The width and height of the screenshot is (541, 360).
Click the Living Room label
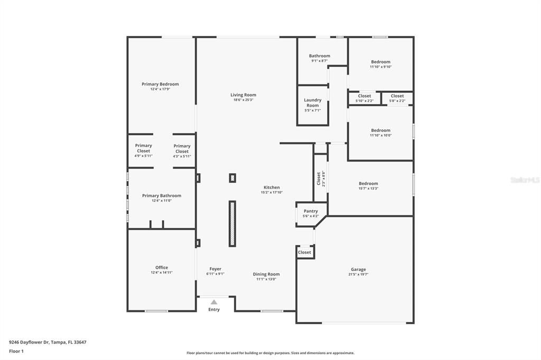coord(243,95)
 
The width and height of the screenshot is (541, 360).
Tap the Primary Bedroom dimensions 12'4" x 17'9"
coord(160,89)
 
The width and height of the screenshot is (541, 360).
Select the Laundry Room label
coord(313,102)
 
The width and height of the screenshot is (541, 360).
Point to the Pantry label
coord(311,211)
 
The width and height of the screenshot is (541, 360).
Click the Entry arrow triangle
coord(214,302)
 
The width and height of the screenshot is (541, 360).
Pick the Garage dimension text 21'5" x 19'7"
coord(358,274)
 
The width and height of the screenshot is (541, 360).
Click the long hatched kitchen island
coord(232,223)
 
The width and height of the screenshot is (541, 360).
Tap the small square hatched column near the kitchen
coord(232,178)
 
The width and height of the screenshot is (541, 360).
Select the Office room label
coord(162,267)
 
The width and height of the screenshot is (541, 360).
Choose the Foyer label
coord(216,269)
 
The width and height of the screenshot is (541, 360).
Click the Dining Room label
coord(266,274)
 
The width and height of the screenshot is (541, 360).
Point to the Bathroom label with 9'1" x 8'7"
coord(320,55)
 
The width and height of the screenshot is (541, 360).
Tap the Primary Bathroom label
coord(162,195)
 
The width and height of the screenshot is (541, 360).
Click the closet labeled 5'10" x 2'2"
coord(365,98)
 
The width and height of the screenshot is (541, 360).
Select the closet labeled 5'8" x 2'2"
coord(397,98)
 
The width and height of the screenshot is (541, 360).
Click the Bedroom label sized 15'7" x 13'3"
coord(368,184)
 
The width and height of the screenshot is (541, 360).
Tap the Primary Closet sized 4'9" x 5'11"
coord(143,150)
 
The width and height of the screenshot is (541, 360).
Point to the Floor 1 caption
coord(16,352)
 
